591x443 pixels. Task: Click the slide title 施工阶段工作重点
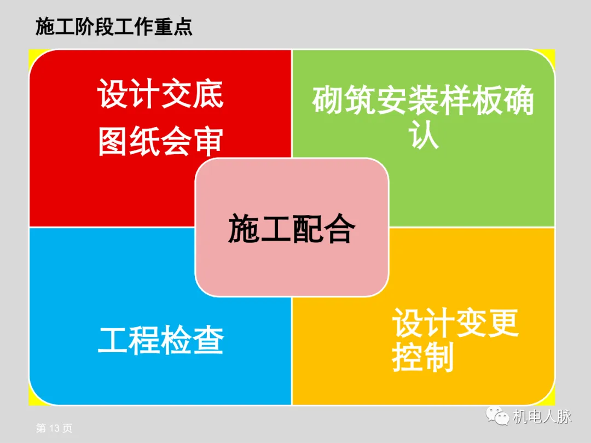coord(114,26)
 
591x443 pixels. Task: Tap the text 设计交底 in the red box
coord(161,94)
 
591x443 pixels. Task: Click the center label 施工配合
coord(292,229)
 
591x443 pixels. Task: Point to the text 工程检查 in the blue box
coord(161,340)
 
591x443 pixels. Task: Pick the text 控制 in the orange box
coord(423,358)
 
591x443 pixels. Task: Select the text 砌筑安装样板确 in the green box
coord(423,101)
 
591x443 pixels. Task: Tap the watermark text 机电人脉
coord(542,417)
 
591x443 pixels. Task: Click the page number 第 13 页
coord(54,428)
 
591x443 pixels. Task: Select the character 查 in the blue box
coord(208,340)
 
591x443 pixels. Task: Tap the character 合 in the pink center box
coord(339,229)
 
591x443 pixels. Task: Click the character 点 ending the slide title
coord(183,26)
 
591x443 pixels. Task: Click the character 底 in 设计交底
coord(208,94)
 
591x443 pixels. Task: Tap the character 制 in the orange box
coord(439,358)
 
